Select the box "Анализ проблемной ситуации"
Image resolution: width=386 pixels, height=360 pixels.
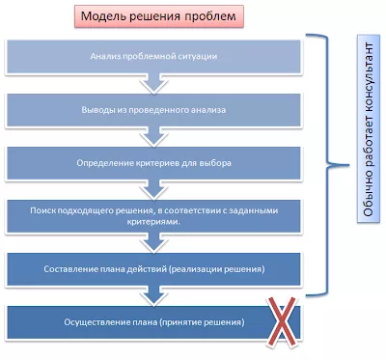(154, 57)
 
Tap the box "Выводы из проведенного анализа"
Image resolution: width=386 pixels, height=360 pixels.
(154, 109)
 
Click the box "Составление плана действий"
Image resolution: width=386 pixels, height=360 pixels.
(154, 267)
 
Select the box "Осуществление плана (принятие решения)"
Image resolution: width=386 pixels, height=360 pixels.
(154, 320)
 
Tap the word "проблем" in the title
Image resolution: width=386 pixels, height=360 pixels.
(208, 17)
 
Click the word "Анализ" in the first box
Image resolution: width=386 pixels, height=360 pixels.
(108, 57)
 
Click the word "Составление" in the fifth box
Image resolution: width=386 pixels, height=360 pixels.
(74, 267)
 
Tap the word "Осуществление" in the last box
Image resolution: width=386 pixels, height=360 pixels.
(80, 320)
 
